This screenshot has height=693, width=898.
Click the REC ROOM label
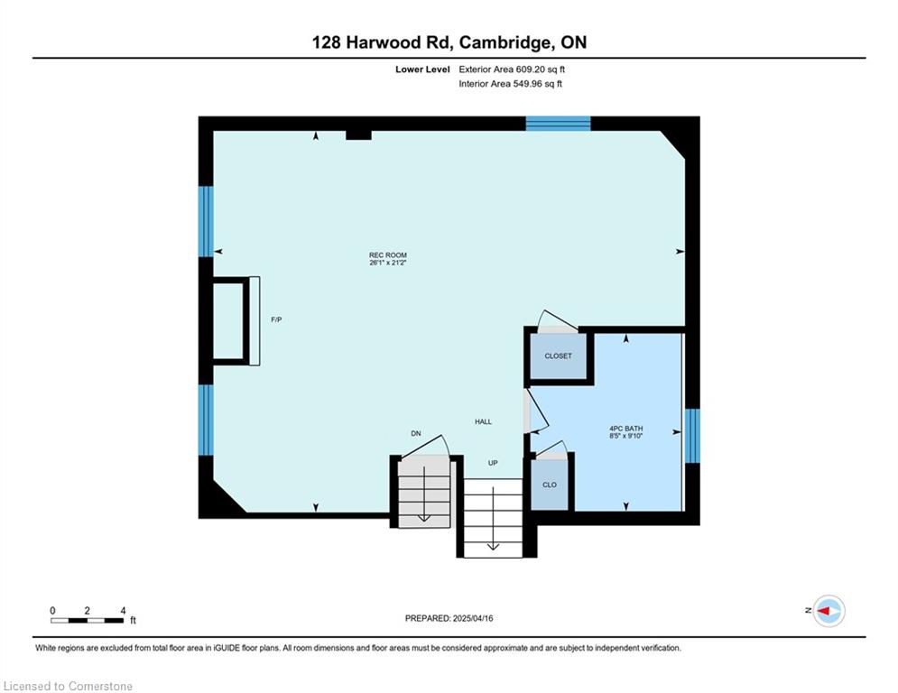point(388,254)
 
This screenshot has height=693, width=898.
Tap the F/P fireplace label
point(276,319)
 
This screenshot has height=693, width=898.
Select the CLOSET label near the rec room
point(558,356)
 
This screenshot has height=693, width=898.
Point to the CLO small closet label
point(550,485)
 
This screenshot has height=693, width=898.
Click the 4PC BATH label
point(626,429)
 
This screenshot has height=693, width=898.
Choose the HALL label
point(483,421)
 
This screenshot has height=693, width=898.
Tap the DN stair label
point(416,433)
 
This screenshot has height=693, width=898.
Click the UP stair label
point(493,463)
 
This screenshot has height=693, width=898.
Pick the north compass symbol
point(829,611)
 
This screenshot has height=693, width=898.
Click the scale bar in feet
point(87,620)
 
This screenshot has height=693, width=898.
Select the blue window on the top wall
point(558,124)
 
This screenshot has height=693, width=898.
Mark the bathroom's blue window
point(692,435)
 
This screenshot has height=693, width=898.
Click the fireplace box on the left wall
point(236,320)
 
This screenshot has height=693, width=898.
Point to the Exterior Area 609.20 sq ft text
point(512,69)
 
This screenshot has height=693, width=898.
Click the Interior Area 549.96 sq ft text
point(510,84)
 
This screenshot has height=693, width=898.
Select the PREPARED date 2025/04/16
point(449,618)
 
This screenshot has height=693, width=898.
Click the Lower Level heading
point(422,69)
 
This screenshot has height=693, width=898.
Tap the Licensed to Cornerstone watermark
point(68,686)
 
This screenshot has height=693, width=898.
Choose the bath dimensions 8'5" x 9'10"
point(626,436)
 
